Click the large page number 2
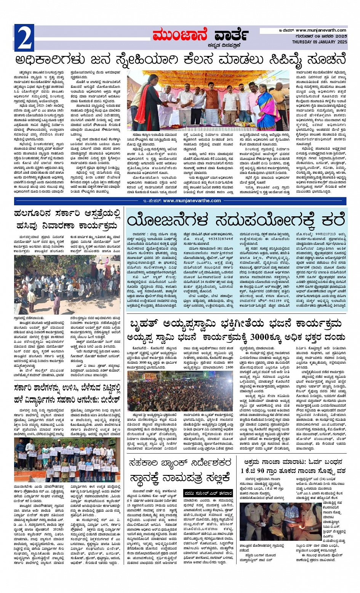pos(24,38)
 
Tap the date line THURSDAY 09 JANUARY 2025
pos(320,42)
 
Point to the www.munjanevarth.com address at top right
pos(321,30)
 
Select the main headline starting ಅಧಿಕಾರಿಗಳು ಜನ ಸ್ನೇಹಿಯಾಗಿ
pos(180,60)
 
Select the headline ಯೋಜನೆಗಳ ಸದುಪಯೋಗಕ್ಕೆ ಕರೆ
pos(236,221)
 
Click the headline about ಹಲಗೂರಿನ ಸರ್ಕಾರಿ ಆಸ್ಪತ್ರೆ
pos(69,219)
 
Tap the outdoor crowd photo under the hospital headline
pos(67,285)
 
